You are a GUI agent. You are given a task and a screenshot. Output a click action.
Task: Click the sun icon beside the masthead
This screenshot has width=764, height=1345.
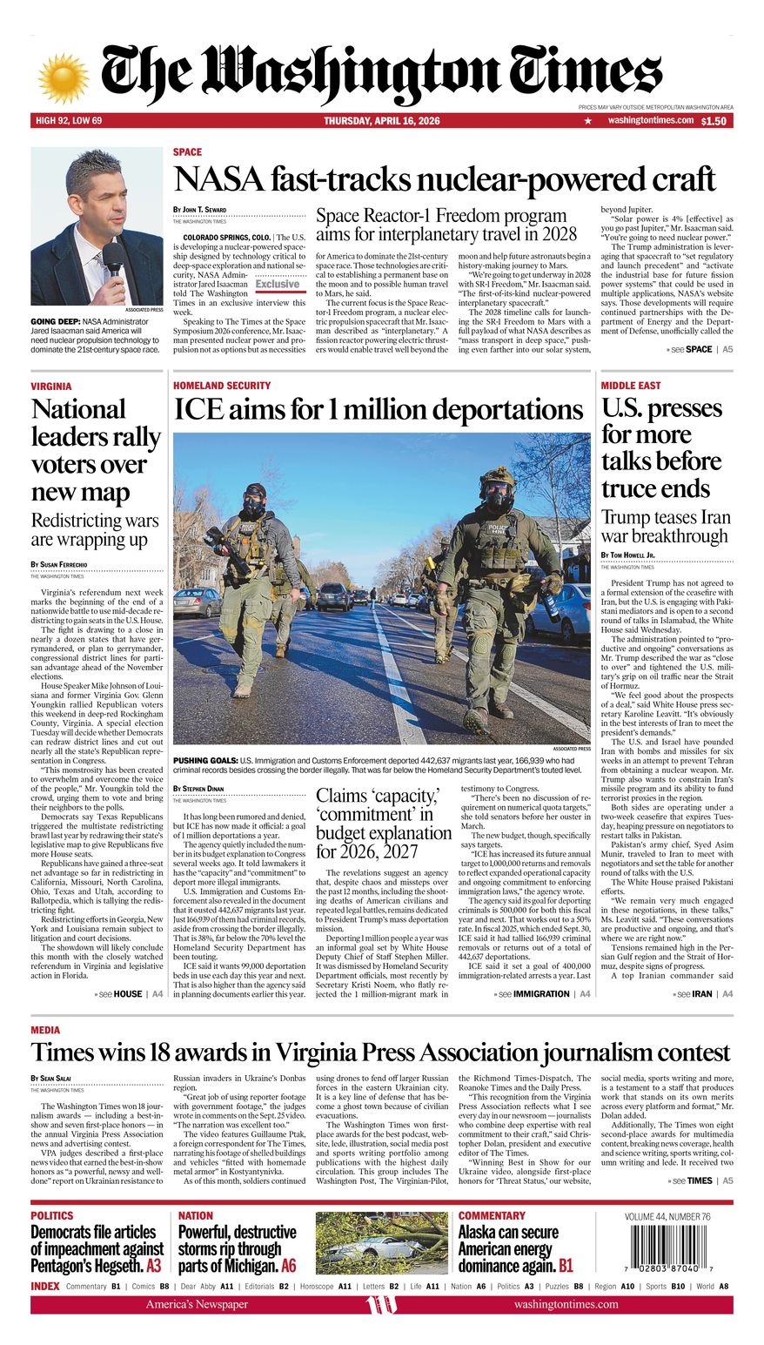coord(64,77)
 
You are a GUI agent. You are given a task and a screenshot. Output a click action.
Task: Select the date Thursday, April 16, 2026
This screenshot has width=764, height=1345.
coord(382,121)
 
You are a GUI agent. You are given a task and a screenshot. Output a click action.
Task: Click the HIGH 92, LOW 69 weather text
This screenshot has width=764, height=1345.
coord(69,121)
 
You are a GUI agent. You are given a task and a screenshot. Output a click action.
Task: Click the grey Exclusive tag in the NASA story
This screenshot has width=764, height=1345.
coord(278,284)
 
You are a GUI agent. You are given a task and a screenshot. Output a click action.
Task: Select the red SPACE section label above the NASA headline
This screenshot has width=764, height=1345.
coord(187,152)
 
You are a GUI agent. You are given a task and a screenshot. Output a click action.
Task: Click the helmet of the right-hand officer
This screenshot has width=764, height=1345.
coord(498,478)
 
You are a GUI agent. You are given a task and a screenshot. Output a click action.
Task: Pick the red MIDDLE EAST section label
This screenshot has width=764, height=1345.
coord(631,386)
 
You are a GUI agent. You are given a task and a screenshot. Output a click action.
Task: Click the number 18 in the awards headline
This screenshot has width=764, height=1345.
coord(171,1053)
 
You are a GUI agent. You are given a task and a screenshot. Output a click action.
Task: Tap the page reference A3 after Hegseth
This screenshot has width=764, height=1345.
coord(154,1266)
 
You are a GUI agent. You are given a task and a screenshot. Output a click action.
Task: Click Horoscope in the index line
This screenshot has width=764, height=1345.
coord(317,1286)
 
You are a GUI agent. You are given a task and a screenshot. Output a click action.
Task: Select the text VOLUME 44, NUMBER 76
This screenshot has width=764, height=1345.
coord(667,1216)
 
